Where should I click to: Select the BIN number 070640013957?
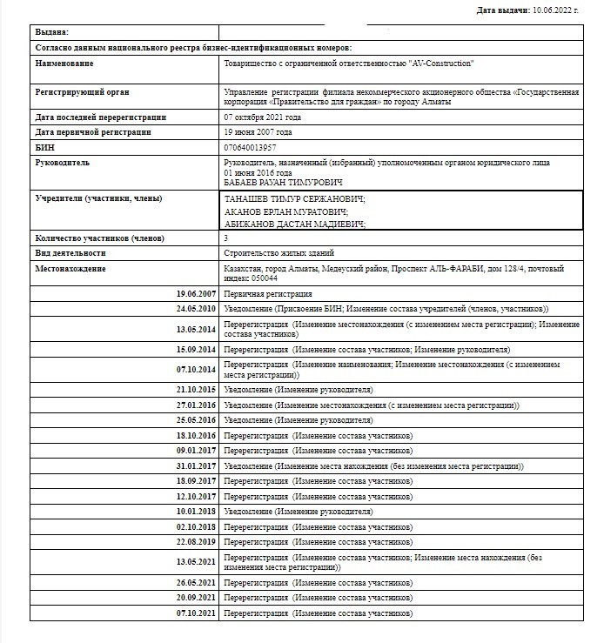pos(251,147)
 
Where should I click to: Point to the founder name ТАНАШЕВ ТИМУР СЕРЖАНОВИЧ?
pos(294,199)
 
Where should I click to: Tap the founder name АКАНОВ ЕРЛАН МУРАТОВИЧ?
pos(285,211)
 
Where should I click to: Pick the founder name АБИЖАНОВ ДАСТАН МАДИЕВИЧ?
pos(294,224)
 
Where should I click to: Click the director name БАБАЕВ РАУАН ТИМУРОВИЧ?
pos(283,183)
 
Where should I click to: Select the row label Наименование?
pos(65,64)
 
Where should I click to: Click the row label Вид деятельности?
pos(70,253)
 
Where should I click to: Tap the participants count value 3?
pos(226,238)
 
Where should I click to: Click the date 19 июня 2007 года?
pos(258,132)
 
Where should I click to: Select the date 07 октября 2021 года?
pos(263,117)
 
